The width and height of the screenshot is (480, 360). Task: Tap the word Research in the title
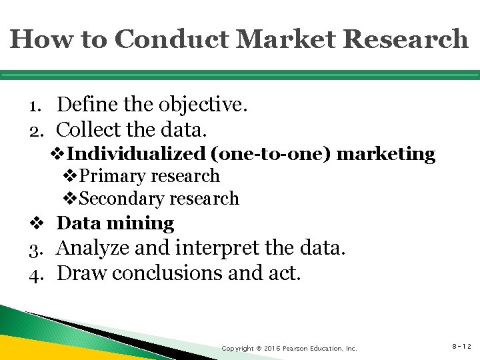[408, 39]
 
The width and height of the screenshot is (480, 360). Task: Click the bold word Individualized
[137, 154]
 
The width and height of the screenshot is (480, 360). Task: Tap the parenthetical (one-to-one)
[271, 154]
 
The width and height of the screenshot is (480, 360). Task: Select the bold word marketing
[386, 154]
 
